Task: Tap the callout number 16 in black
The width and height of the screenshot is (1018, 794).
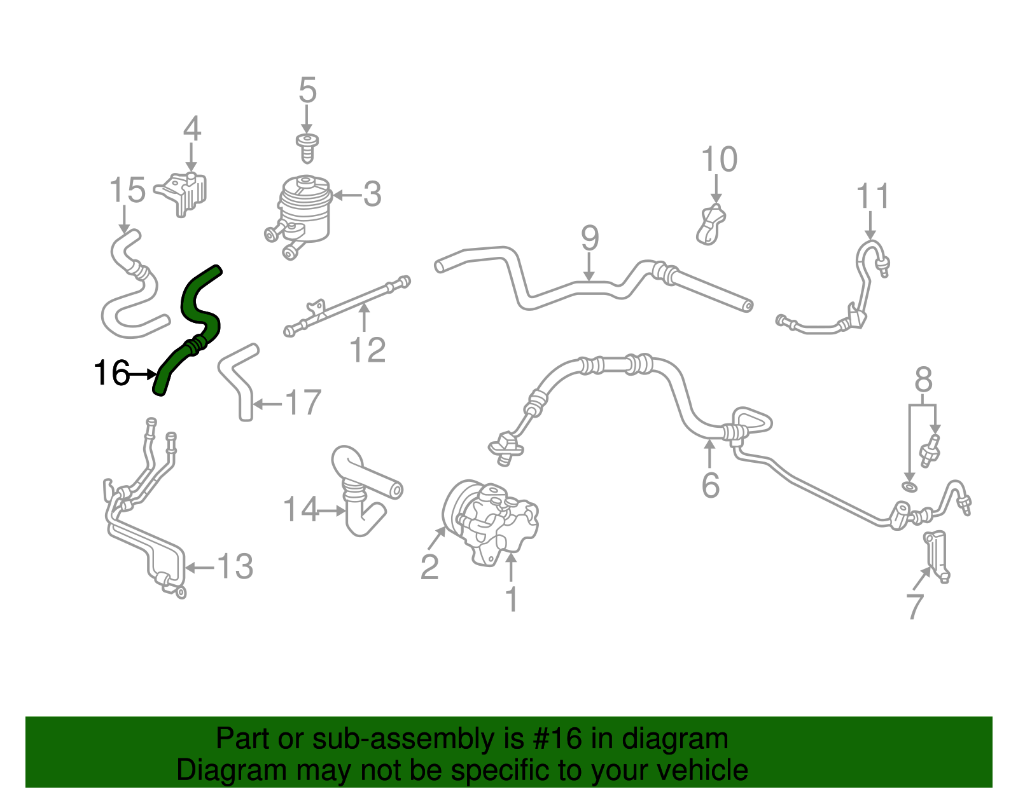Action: tap(111, 373)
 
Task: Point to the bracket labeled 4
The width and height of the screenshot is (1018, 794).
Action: tap(185, 193)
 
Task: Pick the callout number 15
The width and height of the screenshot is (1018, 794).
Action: tap(127, 190)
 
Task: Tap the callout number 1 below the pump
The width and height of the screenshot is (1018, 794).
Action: tap(512, 600)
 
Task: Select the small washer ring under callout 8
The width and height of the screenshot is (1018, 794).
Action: tap(910, 487)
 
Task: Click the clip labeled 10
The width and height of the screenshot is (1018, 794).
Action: tap(712, 225)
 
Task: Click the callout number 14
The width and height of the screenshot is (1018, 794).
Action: tap(300, 510)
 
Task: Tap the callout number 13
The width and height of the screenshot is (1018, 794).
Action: tap(235, 566)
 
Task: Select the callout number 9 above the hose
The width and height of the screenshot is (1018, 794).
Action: tap(590, 238)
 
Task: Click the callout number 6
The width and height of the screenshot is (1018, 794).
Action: tap(710, 486)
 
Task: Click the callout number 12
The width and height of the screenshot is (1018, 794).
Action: tap(368, 350)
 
